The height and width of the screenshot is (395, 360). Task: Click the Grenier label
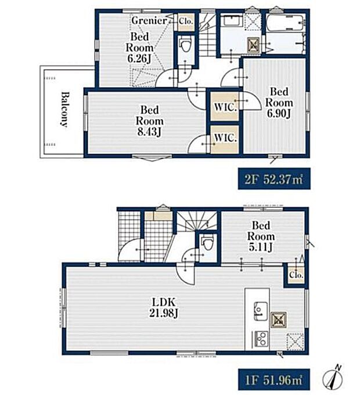tap(149, 20)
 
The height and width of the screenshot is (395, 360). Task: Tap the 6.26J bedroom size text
tap(139, 59)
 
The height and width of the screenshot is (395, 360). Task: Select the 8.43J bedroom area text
tap(150, 132)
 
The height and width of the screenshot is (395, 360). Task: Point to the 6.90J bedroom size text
tap(279, 114)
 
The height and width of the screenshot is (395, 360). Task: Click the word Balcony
tap(65, 109)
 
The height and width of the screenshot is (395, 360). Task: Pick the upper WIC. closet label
tap(225, 107)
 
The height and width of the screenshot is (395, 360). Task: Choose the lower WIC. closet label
tap(225, 138)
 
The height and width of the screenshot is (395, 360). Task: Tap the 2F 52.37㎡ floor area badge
tap(274, 179)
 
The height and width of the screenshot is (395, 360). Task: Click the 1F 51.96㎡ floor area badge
tap(274, 380)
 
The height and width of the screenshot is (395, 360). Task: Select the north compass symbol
tap(333, 376)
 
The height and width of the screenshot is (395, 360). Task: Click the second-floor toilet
tap(186, 44)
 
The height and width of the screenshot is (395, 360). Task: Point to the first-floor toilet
tap(207, 241)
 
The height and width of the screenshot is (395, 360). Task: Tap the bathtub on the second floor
tap(286, 23)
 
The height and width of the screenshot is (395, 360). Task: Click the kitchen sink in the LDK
tap(261, 311)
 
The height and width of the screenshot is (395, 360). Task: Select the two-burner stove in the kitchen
tap(261, 339)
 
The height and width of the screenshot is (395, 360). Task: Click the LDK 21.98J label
tap(163, 307)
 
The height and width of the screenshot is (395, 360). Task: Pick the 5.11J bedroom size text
tap(261, 247)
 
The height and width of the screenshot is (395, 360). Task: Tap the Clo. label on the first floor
tap(296, 275)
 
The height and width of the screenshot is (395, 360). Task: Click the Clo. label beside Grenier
tap(186, 21)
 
